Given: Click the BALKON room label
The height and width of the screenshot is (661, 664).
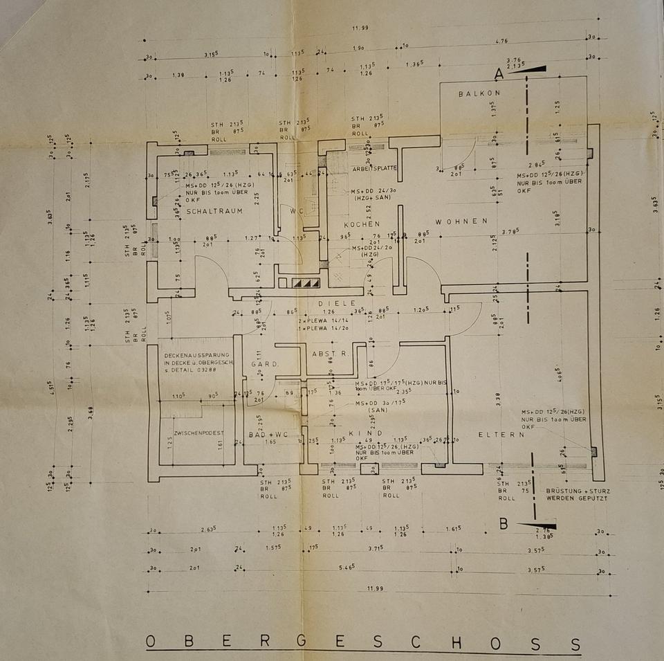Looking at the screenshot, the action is [479, 93].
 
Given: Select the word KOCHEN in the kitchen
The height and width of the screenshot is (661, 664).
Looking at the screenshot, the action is [362, 225].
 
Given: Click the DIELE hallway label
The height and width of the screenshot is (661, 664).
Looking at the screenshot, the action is [337, 303].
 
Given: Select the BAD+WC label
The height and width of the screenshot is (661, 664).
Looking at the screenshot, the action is [263, 435].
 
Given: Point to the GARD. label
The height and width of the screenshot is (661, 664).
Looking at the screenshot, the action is [264, 363].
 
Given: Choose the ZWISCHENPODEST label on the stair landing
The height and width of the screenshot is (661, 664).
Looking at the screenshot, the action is [199, 433].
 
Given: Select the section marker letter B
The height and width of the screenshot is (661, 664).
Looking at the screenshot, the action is [504, 524].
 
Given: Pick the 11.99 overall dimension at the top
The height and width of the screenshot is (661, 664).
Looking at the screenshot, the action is [359, 28].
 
